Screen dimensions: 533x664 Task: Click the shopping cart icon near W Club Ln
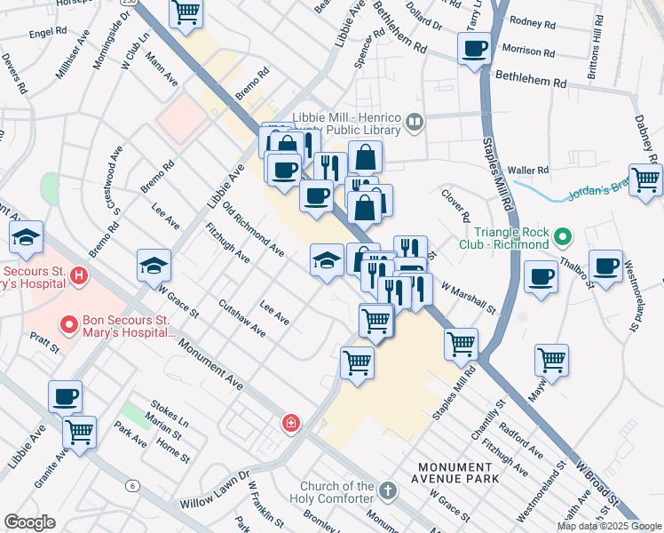(x=186, y=12)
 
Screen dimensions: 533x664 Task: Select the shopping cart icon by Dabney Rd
(x=645, y=179)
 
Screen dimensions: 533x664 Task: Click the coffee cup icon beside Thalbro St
(x=606, y=266)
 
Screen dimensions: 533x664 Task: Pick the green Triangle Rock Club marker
(x=561, y=237)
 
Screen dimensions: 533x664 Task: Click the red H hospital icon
(x=79, y=276)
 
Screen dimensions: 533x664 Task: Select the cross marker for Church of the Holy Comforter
(x=387, y=490)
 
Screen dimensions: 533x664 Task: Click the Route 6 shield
(x=132, y=485)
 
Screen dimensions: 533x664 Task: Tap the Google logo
(x=29, y=522)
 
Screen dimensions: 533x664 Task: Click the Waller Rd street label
(x=529, y=170)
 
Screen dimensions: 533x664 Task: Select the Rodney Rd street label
(x=533, y=22)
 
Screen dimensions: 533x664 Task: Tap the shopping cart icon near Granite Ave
(x=80, y=433)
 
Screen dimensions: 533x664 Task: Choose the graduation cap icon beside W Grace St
(x=154, y=265)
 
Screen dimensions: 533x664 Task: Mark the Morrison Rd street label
(x=534, y=50)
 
